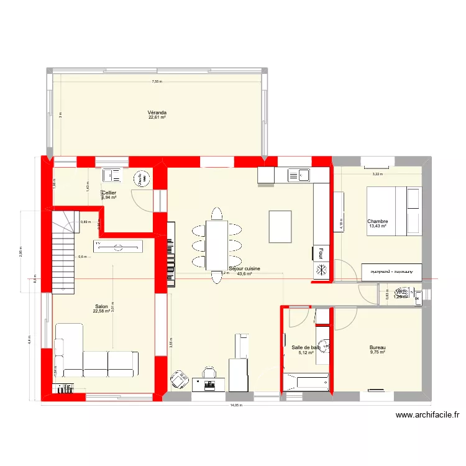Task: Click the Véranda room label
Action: coord(157,114)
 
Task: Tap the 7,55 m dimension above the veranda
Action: coord(157,82)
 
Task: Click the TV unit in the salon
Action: coord(119,246)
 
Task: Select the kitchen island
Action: coord(280,226)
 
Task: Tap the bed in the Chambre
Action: coord(394,211)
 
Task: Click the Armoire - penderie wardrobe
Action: coord(391,272)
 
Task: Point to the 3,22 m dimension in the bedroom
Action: coord(377,175)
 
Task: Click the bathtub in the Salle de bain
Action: coord(306,381)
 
